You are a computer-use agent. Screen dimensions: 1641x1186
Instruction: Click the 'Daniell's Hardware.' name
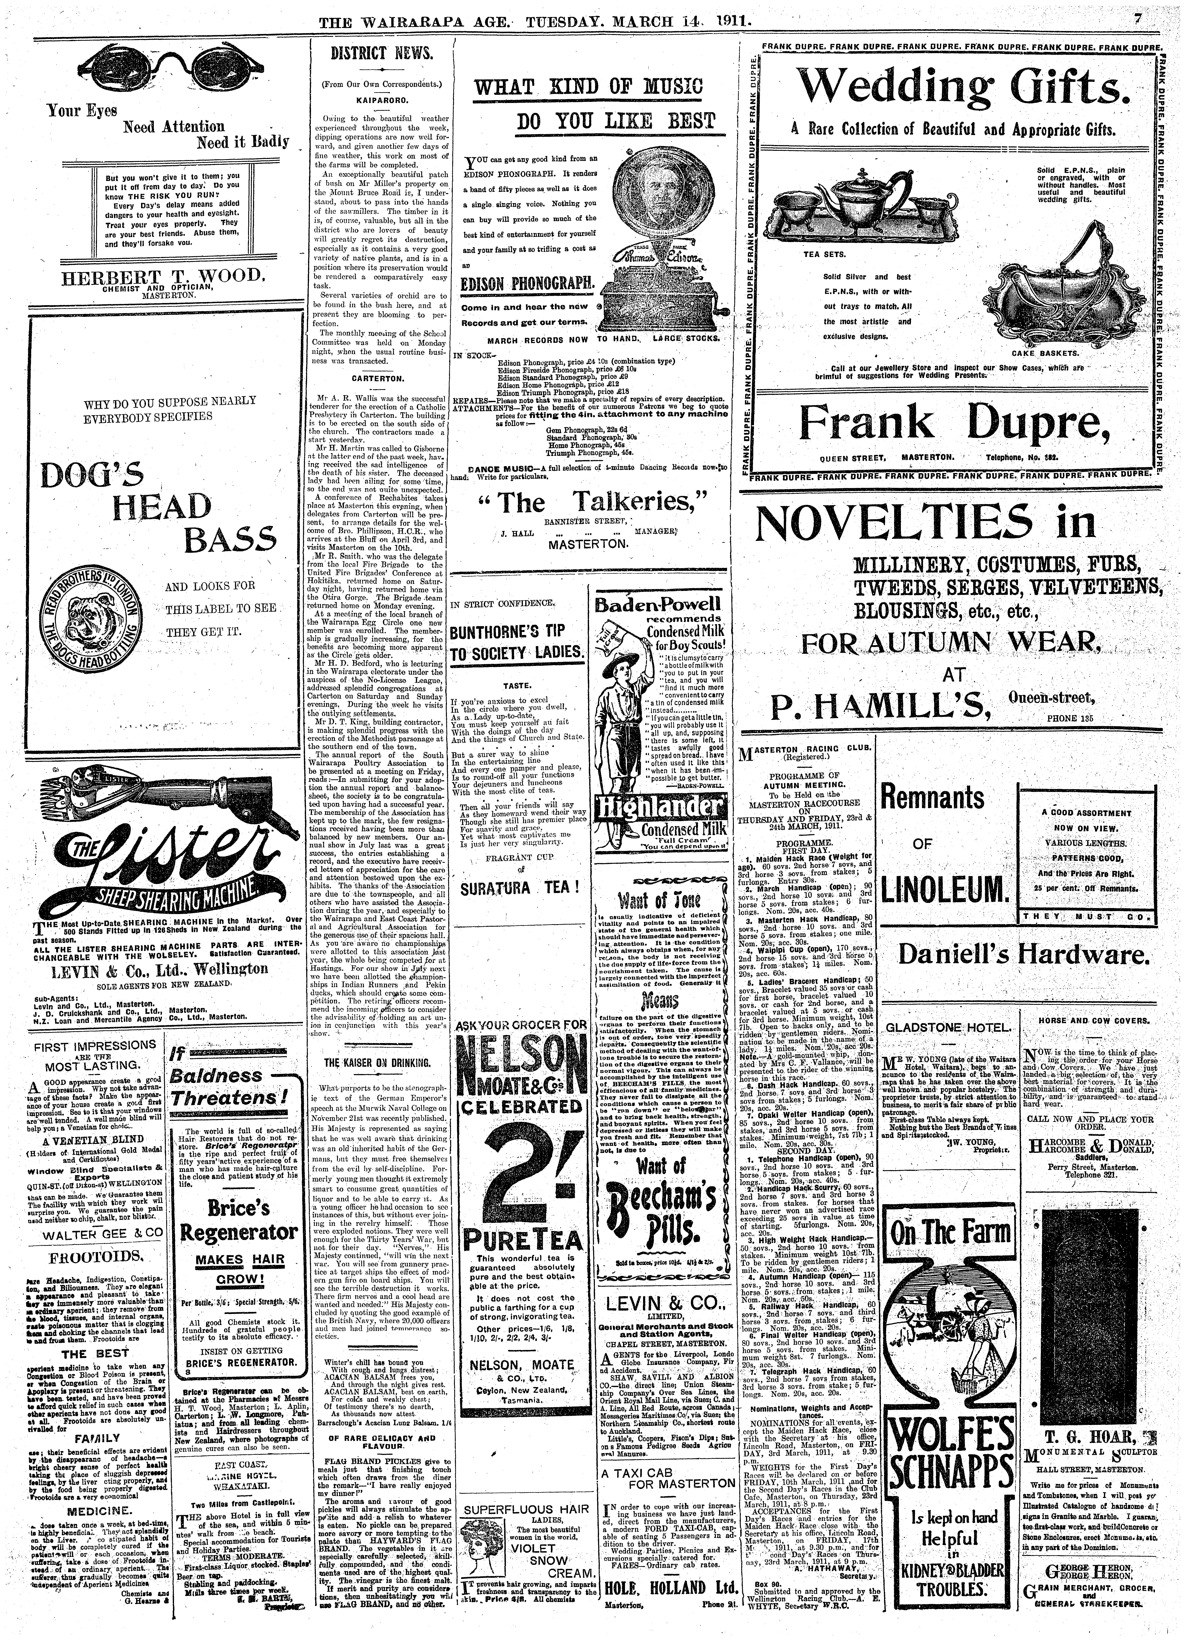pyautogui.click(x=1023, y=955)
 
